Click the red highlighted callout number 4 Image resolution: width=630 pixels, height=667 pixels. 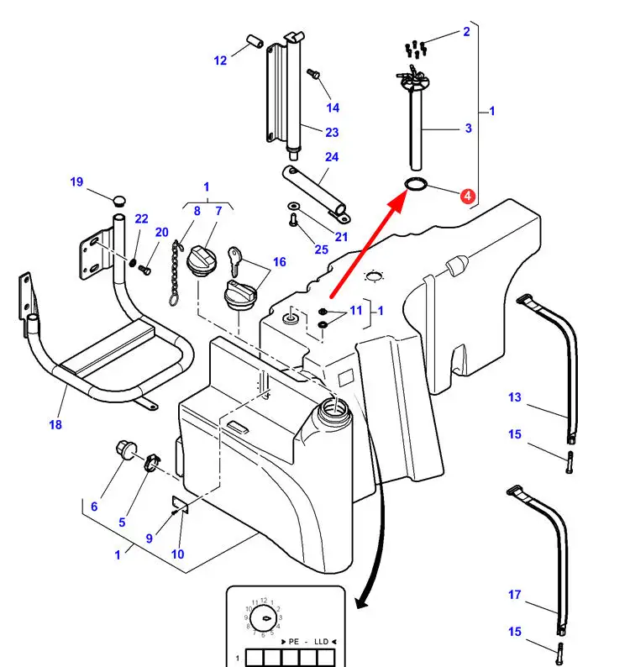pos(468,197)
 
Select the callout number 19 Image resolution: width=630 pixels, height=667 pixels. pos(76,182)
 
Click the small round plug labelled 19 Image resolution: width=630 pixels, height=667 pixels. pos(118,200)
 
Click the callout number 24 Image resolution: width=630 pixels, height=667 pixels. pos(332,157)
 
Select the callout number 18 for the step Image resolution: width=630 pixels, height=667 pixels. pos(55,425)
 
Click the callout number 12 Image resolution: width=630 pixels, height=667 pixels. pos(220,60)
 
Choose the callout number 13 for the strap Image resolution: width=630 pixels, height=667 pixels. pos(515,397)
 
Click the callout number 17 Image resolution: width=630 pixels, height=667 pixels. pos(515,595)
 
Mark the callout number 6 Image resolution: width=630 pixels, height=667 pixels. pos(94,506)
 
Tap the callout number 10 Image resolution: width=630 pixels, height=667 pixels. pos(177,554)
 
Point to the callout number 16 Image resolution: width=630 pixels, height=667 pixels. pos(279,262)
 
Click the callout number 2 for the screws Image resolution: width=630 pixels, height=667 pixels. pos(466,33)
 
